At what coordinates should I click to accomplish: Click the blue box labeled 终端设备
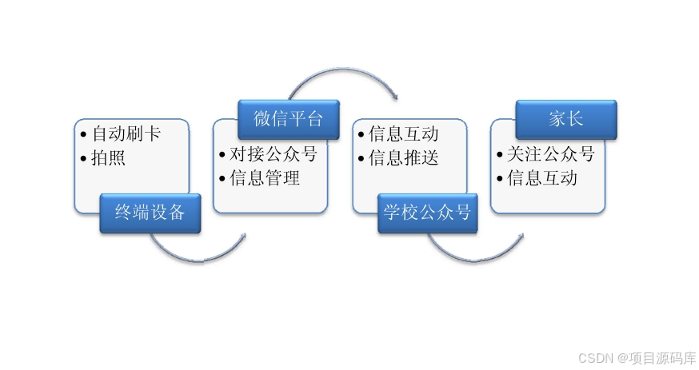(x=150, y=213)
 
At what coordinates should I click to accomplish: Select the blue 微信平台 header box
(x=288, y=119)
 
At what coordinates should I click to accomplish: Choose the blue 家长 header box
(x=565, y=119)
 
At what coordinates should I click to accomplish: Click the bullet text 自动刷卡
(x=126, y=133)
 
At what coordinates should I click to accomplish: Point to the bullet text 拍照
(x=109, y=157)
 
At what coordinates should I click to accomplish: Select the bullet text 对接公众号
(x=274, y=154)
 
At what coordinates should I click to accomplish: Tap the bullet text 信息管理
(x=265, y=178)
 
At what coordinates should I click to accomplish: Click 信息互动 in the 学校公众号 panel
(x=404, y=133)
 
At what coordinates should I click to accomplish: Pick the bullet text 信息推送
(x=404, y=157)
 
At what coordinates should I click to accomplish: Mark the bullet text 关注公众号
(x=551, y=154)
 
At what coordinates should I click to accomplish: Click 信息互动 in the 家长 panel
(x=542, y=178)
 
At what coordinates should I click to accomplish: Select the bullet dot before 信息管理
(x=222, y=178)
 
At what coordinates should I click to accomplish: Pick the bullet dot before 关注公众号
(x=500, y=154)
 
